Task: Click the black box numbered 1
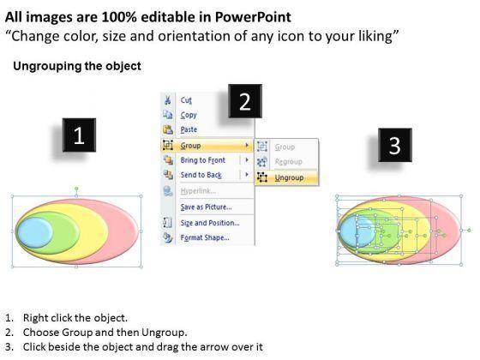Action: point(77,136)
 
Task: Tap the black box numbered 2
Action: point(244,103)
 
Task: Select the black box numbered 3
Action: point(393,146)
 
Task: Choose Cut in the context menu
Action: point(186,100)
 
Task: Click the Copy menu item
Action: point(189,115)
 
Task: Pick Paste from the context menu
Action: point(189,129)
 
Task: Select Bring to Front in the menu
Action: point(203,160)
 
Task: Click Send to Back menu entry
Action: point(201,175)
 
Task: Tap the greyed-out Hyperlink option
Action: point(198,191)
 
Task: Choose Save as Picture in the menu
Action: point(205,207)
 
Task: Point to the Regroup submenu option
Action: point(287,162)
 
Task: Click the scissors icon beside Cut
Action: point(168,100)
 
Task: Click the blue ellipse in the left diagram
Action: point(36,231)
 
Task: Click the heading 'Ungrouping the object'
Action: point(76,66)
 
